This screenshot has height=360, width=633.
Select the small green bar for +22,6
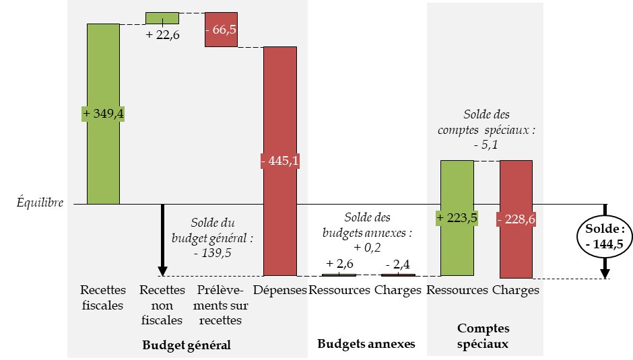[162, 17]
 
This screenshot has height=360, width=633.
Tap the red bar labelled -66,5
[222, 30]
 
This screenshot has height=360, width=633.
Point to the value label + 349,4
[103, 114]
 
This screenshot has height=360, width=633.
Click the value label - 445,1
[279, 161]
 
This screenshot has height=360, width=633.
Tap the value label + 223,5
[457, 219]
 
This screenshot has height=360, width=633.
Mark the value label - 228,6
[516, 219]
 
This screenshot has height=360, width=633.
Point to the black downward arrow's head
[162, 271]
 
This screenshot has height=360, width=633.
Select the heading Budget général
[187, 345]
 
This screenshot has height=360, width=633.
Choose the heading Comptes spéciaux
[484, 336]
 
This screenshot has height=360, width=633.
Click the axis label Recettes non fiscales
[162, 305]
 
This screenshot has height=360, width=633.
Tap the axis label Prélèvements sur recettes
[222, 305]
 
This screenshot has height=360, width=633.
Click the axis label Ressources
[457, 290]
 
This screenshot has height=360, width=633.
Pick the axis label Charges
[516, 290]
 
